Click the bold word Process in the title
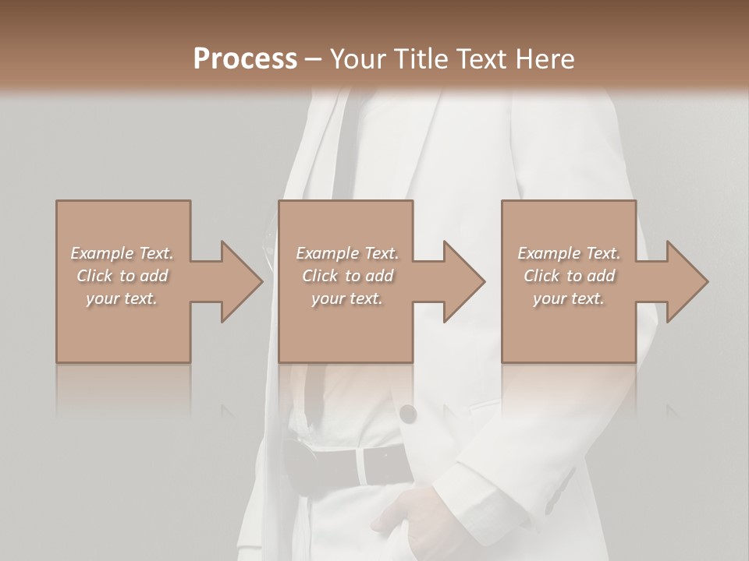click(x=245, y=59)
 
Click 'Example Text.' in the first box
click(x=122, y=253)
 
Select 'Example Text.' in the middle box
click(x=347, y=253)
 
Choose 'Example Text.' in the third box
click(x=569, y=253)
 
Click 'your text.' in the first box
click(x=122, y=298)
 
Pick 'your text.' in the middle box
click(x=347, y=298)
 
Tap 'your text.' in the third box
click(x=569, y=298)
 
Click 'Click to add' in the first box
click(x=122, y=276)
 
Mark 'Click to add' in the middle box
click(x=347, y=276)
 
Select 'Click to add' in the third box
click(x=569, y=276)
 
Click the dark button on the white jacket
click(x=407, y=414)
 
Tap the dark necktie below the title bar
click(x=343, y=148)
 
